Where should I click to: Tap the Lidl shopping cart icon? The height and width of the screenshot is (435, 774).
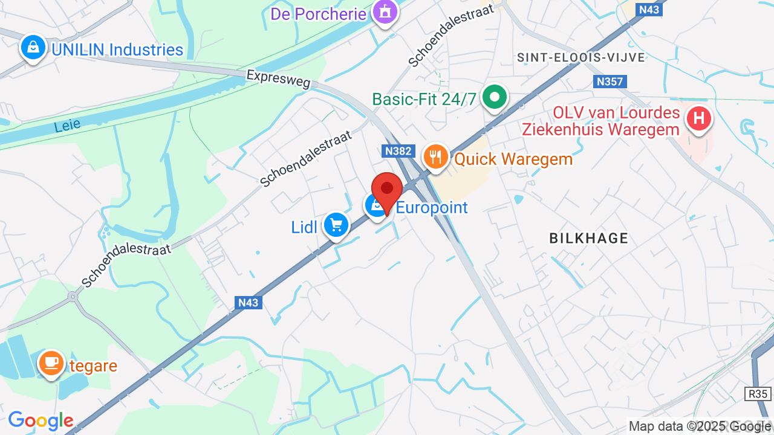336,225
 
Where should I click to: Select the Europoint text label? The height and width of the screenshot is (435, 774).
432,208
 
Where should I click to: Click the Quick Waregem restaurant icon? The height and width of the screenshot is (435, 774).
435,157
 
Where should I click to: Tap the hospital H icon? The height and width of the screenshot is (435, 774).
699,117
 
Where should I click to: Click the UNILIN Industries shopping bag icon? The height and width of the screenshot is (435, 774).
33,47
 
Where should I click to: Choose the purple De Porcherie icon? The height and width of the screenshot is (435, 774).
384,11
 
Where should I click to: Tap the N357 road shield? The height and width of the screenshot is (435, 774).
609,82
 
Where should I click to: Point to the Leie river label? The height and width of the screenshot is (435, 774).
67,126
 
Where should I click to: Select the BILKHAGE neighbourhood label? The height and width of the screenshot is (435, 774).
588,238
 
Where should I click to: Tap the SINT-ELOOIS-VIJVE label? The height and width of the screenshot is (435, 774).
581,57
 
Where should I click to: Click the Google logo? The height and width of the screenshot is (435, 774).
41,420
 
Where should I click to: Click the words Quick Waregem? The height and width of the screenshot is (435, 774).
513,159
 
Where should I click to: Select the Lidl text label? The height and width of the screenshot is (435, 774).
304,227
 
